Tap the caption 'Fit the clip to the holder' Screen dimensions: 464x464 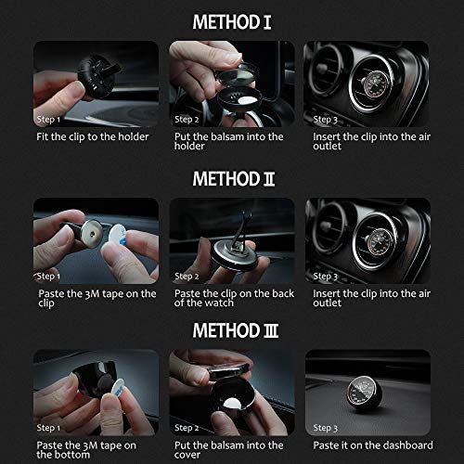90,136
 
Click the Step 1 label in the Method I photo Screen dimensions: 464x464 49,120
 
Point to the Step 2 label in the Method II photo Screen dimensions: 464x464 187,277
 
